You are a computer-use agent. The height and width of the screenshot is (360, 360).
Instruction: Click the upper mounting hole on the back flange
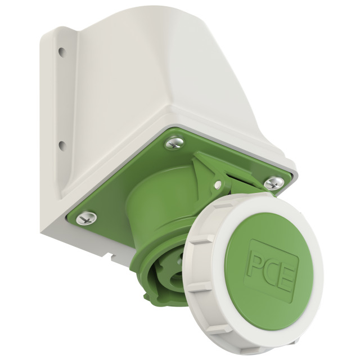click(61, 51)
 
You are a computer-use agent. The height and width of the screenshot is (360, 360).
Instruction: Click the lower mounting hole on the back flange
click(61, 145)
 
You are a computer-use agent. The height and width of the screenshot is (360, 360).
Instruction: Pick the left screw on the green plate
click(86, 218)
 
